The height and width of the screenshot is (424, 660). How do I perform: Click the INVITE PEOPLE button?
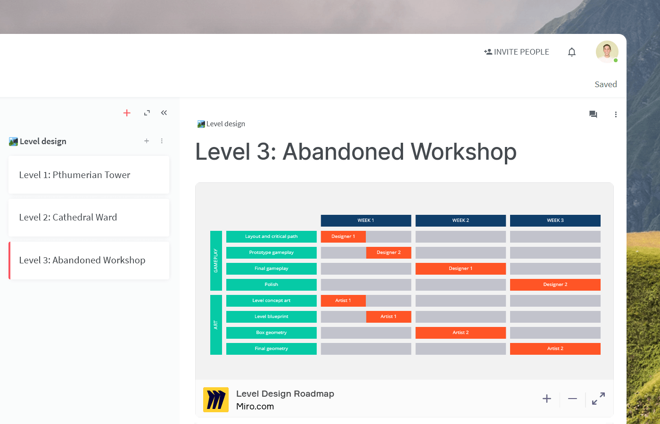pyautogui.click(x=516, y=52)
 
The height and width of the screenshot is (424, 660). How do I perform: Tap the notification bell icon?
pyautogui.click(x=571, y=52)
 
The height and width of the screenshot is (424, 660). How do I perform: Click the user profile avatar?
pyautogui.click(x=607, y=52)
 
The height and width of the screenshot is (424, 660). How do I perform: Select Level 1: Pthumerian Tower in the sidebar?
pyautogui.click(x=89, y=175)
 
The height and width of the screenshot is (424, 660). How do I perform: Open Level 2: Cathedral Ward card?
pyautogui.click(x=89, y=218)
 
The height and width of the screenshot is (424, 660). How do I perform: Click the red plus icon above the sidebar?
pyautogui.click(x=127, y=113)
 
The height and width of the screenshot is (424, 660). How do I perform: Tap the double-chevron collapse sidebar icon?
pyautogui.click(x=164, y=113)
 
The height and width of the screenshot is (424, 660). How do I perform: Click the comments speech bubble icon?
pyautogui.click(x=593, y=114)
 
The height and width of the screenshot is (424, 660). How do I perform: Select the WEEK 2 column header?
pyautogui.click(x=461, y=220)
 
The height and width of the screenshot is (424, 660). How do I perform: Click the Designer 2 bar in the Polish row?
pyautogui.click(x=555, y=285)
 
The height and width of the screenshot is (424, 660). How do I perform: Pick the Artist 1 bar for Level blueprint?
pyautogui.click(x=388, y=317)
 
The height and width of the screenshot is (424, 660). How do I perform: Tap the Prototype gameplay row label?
pyautogui.click(x=272, y=253)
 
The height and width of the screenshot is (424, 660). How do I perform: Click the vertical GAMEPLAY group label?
pyautogui.click(x=216, y=261)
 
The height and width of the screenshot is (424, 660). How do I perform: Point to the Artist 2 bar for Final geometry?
pyautogui.click(x=555, y=349)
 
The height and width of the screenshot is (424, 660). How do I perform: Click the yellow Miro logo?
pyautogui.click(x=216, y=400)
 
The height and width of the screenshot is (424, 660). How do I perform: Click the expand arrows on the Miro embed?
pyautogui.click(x=598, y=399)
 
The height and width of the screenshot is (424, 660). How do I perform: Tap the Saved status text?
pyautogui.click(x=606, y=84)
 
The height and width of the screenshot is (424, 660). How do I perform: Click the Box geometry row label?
pyautogui.click(x=272, y=333)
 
